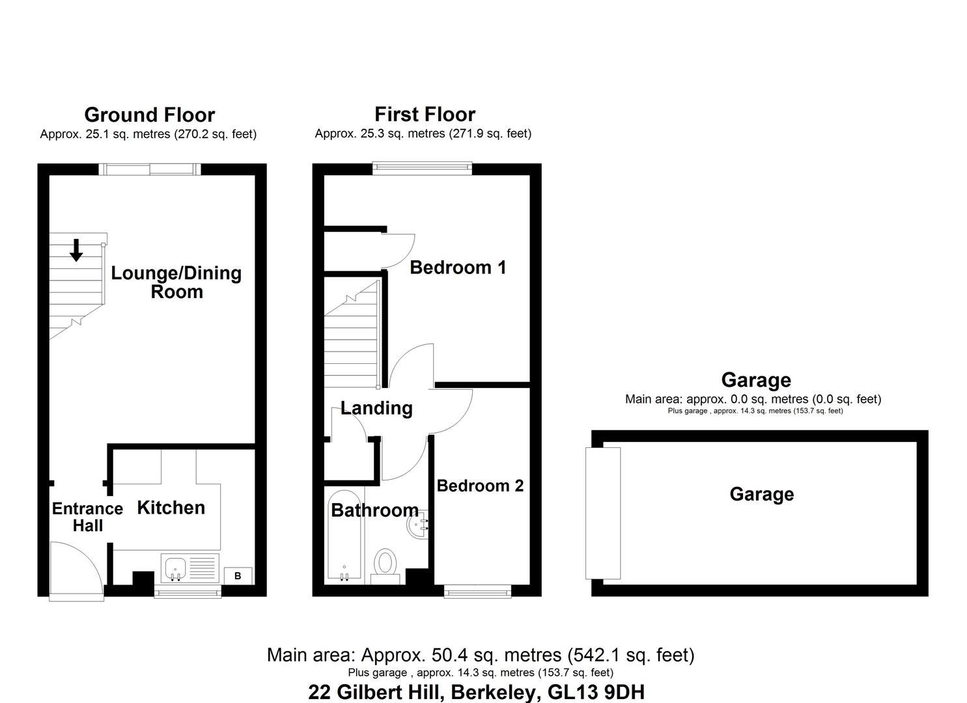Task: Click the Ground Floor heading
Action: click(x=149, y=115)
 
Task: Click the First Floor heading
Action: click(x=425, y=115)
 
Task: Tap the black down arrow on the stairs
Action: click(x=76, y=250)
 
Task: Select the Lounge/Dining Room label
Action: click(x=176, y=282)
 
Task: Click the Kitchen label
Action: click(x=171, y=508)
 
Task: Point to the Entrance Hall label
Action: click(x=87, y=517)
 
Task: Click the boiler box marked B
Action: click(x=238, y=575)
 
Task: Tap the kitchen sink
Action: click(x=176, y=568)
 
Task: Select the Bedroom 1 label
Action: click(x=458, y=268)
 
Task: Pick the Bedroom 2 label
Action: click(x=480, y=486)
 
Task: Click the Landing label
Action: click(x=376, y=408)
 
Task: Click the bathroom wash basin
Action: click(x=416, y=523)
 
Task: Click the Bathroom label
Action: click(x=374, y=510)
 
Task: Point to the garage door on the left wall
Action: click(x=603, y=513)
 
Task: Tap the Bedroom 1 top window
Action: click(x=422, y=168)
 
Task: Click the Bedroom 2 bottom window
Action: click(x=477, y=591)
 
